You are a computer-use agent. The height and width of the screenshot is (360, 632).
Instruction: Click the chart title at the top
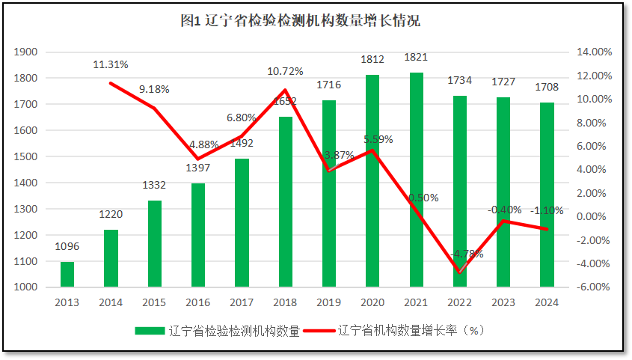(x=300, y=21)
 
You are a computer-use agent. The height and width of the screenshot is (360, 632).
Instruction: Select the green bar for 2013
(x=67, y=274)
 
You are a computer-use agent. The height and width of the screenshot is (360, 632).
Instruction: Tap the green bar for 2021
(x=417, y=180)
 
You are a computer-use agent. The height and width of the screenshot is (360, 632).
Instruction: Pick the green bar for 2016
(x=198, y=235)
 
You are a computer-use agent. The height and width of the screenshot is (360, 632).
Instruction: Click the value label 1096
(x=67, y=246)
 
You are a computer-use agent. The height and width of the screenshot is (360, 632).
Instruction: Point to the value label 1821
(x=417, y=58)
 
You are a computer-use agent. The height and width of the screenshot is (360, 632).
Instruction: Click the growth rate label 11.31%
(x=111, y=64)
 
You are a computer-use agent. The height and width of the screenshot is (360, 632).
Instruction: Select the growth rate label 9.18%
(x=154, y=89)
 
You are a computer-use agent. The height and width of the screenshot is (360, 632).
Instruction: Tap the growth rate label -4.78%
(x=466, y=254)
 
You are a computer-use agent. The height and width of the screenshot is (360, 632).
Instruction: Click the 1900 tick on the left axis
(x=26, y=52)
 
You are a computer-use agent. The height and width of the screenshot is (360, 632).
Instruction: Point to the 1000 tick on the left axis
(x=26, y=287)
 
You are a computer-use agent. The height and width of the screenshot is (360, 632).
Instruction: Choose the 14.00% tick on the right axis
(x=595, y=52)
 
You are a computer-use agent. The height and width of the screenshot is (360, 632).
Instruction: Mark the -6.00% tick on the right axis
(x=595, y=287)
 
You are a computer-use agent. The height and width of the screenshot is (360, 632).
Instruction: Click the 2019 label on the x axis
(x=329, y=302)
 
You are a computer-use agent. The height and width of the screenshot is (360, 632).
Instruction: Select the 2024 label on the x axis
(x=547, y=302)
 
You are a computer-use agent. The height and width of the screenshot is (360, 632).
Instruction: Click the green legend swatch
(x=150, y=331)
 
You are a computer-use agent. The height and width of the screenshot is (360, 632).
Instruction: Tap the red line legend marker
(x=320, y=331)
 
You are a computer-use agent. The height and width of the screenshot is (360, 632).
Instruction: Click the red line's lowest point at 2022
(x=460, y=272)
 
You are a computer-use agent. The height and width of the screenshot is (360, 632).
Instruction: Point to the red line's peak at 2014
(x=111, y=83)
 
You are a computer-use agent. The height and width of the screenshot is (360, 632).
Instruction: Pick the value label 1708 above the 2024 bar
(x=547, y=88)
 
